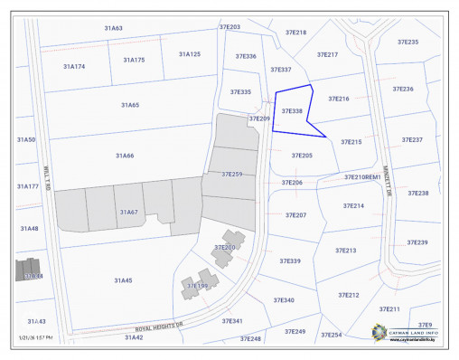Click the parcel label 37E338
coord(292,111)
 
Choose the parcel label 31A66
coord(125,156)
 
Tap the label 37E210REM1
coord(361,177)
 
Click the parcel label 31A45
coord(123,280)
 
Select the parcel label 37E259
coord(231,174)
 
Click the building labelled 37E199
coord(196,287)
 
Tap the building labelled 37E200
coord(224,248)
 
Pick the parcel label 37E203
coord(229,28)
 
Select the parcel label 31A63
coord(113,28)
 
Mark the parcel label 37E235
coord(407,43)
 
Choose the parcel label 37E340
coord(283,299)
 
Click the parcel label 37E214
coord(353,206)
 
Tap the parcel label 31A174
coord(74,66)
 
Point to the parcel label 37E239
coord(417,242)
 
